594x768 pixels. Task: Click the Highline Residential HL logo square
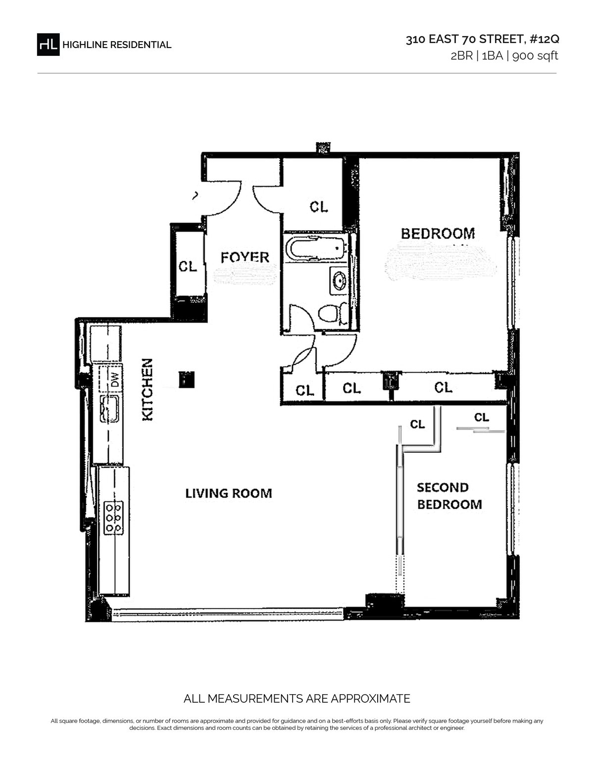coord(48,45)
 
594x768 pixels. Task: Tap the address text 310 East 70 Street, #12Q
coord(482,39)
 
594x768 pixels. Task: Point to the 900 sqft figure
coord(535,56)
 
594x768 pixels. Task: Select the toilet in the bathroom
coord(333,313)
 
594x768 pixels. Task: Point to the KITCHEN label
coord(148,390)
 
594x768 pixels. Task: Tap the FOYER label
coord(245,257)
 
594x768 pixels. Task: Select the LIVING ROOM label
coord(229,493)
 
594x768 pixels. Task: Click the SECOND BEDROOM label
coord(449,496)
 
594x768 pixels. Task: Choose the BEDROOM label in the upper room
coord(438,234)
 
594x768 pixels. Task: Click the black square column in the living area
coord(187,379)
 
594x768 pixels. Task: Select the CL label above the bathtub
coord(319,207)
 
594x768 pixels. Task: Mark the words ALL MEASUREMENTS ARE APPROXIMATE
coord(297,699)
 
